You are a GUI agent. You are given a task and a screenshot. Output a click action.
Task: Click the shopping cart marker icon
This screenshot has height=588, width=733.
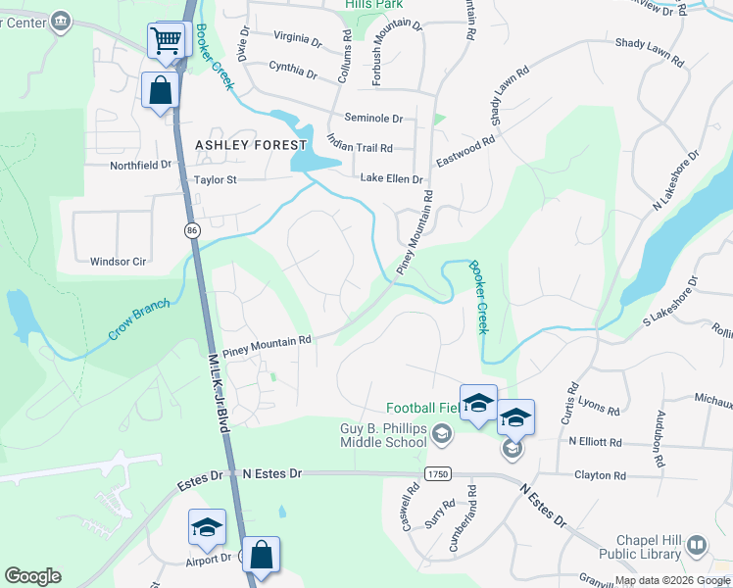[x=167, y=41]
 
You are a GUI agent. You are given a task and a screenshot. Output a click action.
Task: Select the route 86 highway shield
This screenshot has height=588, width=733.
[x=190, y=229]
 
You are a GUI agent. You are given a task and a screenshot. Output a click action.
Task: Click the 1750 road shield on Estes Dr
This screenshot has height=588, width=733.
[x=438, y=473]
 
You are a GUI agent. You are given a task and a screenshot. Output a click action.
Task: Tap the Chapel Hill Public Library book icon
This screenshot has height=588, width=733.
[x=697, y=544]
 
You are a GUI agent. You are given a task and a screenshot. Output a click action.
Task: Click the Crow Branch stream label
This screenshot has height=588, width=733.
[x=138, y=319]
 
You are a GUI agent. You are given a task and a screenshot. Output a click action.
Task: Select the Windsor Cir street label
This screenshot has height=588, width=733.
[x=118, y=262]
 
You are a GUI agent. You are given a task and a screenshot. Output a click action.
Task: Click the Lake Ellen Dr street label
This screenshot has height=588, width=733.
[x=391, y=179]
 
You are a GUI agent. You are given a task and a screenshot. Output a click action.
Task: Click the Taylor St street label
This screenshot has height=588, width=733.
[x=216, y=180]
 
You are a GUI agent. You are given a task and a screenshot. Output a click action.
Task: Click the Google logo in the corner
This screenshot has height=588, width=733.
[x=32, y=576]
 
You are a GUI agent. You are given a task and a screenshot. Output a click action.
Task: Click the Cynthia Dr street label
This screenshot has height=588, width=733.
[x=293, y=70]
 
